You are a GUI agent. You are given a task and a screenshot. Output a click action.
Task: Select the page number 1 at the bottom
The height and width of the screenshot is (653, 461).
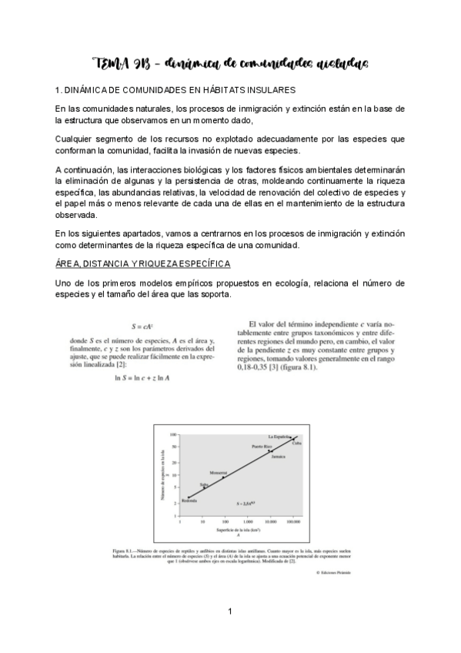point(229,612)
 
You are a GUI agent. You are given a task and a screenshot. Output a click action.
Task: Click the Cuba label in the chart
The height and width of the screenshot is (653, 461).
point(296,443)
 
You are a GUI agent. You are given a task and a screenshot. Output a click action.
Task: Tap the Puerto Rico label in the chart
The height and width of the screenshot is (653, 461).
point(262,447)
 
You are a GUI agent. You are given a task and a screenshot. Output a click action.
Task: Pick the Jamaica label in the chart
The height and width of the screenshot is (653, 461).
point(279,457)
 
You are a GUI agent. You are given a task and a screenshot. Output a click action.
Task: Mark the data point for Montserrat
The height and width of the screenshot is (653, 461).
point(224,477)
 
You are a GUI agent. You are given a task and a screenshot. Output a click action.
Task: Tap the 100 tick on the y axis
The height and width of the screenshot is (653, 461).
point(175,434)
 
